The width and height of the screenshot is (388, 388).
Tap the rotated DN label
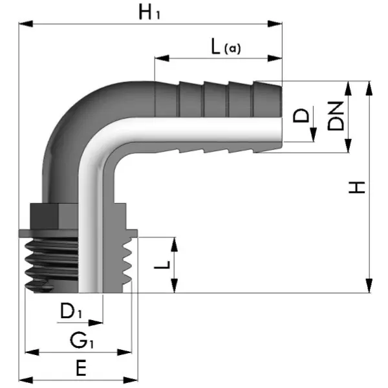click(x=335, y=116)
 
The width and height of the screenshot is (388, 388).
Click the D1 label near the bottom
click(x=71, y=311)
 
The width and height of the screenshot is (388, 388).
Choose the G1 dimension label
click(x=83, y=340)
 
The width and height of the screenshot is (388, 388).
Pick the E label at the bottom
click(x=80, y=368)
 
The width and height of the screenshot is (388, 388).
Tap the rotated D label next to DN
click(x=302, y=116)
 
